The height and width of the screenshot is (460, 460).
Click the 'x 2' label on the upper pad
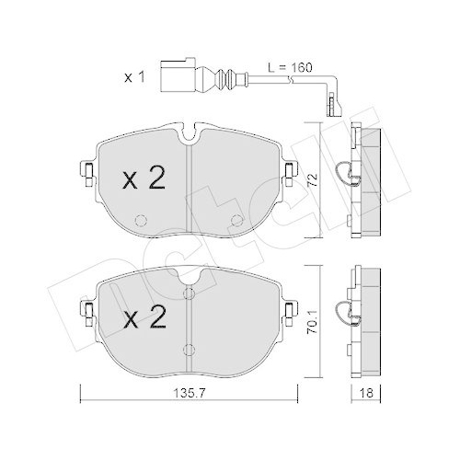[x=144, y=178]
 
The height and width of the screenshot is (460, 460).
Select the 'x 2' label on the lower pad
[x=144, y=320]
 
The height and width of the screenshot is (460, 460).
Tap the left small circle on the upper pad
[x=142, y=221]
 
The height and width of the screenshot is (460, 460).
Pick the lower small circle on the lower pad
[x=189, y=350]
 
